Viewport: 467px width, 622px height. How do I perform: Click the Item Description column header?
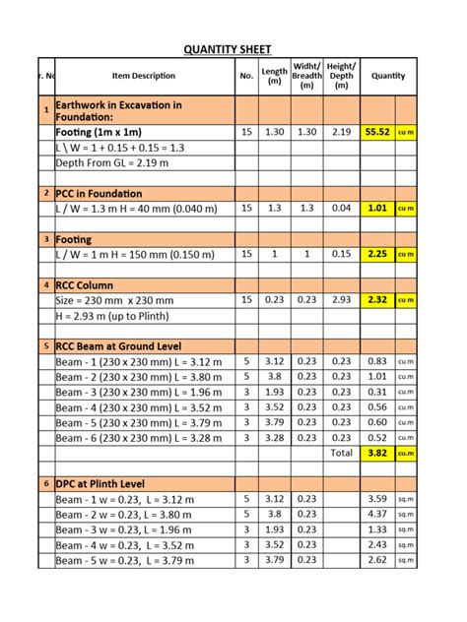(x=144, y=77)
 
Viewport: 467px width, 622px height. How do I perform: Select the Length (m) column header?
(x=276, y=77)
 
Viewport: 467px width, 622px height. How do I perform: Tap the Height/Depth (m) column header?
(x=341, y=77)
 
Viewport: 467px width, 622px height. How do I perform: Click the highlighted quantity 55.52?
(x=377, y=131)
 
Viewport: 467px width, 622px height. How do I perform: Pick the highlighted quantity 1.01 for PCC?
(x=377, y=209)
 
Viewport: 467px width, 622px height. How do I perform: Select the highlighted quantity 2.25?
(x=377, y=254)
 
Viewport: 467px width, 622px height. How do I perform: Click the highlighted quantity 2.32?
(x=377, y=300)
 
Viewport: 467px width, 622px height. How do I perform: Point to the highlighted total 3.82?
(x=377, y=454)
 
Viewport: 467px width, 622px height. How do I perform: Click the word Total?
(x=341, y=454)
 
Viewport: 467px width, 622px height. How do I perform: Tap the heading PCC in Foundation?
(x=100, y=194)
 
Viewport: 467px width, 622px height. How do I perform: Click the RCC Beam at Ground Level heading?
(x=121, y=346)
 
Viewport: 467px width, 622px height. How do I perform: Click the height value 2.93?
(x=341, y=300)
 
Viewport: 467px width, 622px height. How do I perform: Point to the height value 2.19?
(x=341, y=131)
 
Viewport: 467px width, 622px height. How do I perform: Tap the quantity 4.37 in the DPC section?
(x=377, y=515)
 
